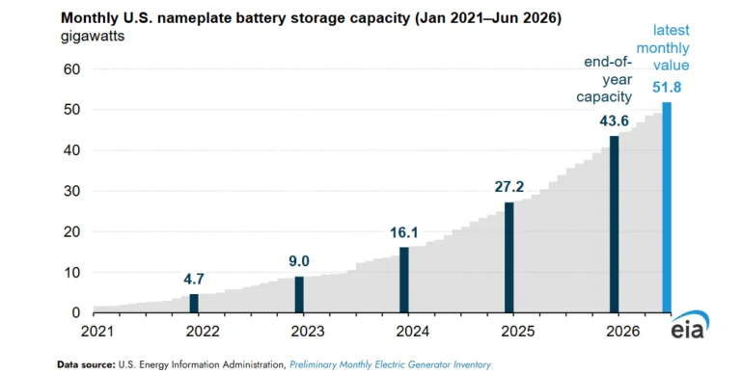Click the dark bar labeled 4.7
click(194, 304)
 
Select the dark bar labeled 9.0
click(299, 295)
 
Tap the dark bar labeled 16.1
click(404, 281)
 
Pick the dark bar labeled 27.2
click(509, 257)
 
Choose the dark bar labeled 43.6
click(615, 225)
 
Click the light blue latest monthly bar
click(667, 207)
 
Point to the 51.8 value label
click(667, 88)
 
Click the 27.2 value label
click(509, 187)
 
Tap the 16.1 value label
click(404, 232)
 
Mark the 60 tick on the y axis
click(71, 69)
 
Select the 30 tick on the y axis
click(71, 191)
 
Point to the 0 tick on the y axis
click(76, 312)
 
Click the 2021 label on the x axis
click(97, 331)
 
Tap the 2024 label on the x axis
click(413, 331)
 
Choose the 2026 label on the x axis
click(623, 331)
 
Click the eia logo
click(690, 325)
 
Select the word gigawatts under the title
click(93, 37)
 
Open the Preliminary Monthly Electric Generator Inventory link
click(391, 364)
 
